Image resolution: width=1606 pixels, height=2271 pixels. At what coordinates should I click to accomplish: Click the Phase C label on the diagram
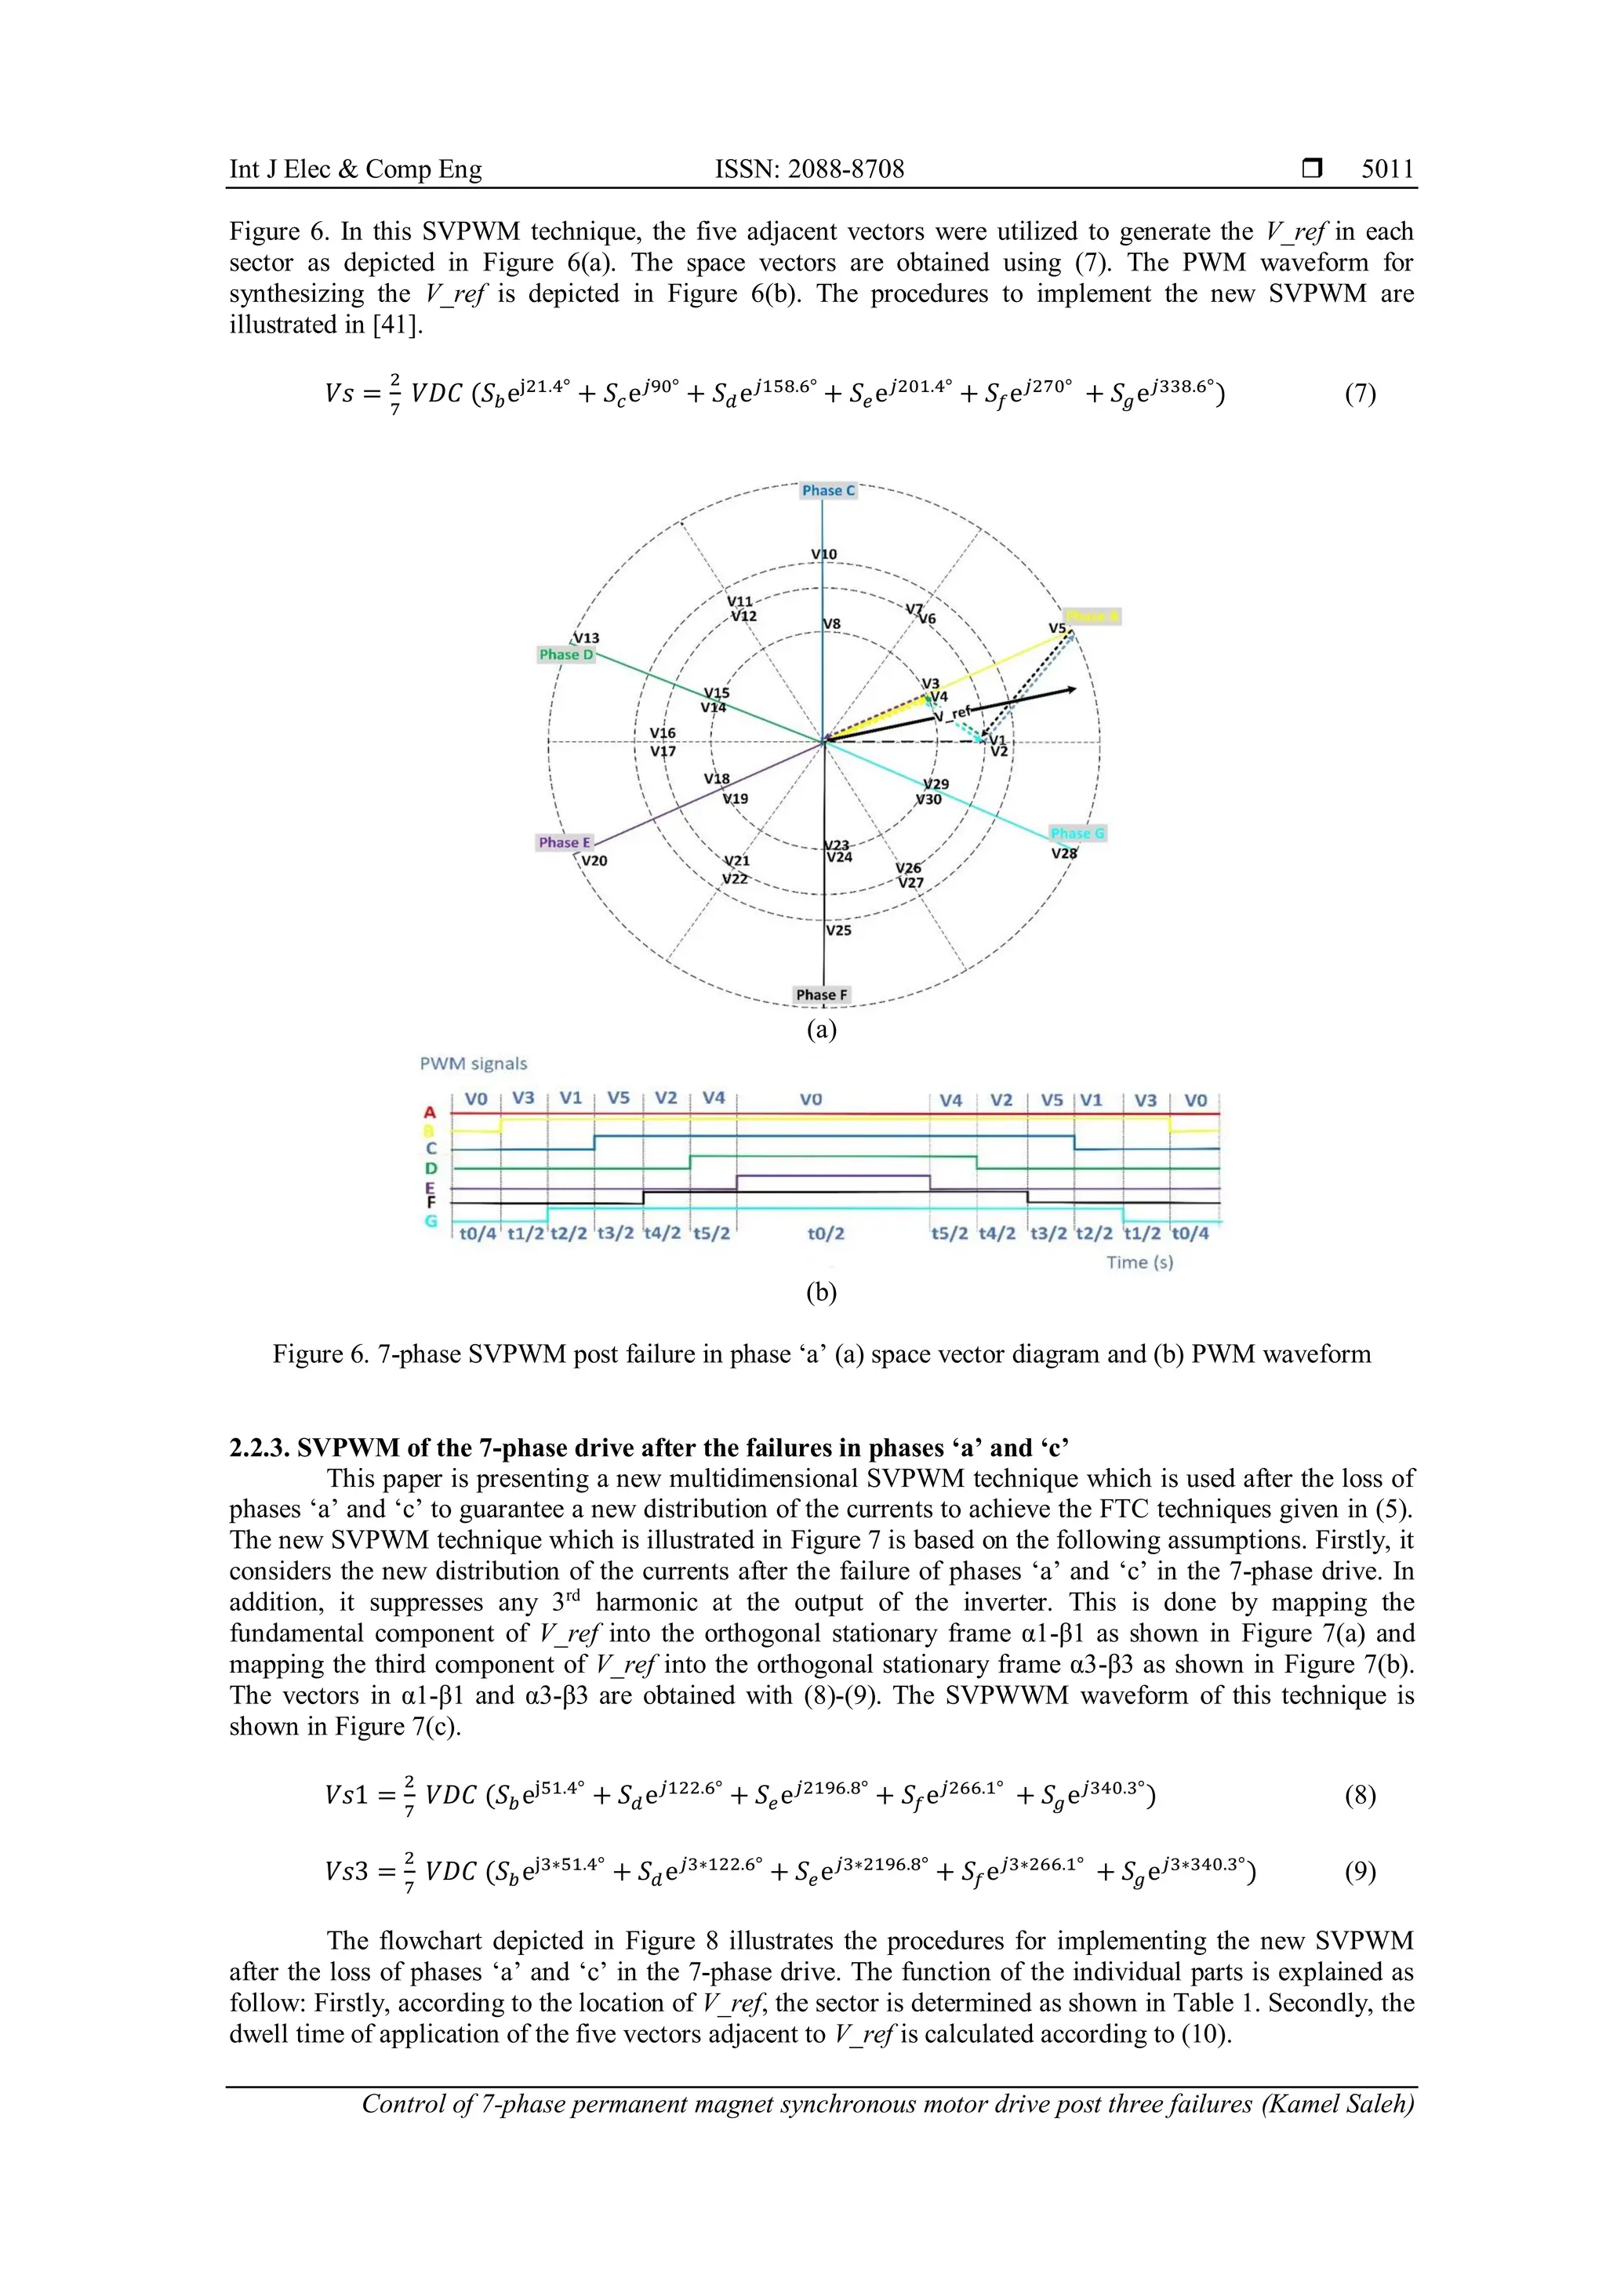click(828, 491)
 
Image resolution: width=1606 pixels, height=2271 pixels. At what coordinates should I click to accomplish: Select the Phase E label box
click(565, 843)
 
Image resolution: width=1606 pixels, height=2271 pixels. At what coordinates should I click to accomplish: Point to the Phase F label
click(822, 995)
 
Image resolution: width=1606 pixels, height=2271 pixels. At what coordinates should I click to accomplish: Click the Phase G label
click(1077, 834)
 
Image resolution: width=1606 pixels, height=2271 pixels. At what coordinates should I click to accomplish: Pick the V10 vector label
click(823, 555)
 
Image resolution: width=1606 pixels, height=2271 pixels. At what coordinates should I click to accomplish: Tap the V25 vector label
click(838, 931)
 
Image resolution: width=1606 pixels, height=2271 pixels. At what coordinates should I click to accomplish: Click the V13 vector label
click(587, 639)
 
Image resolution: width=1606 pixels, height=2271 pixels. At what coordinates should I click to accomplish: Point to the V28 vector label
click(1064, 854)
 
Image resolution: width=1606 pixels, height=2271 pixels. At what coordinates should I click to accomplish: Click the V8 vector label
click(832, 624)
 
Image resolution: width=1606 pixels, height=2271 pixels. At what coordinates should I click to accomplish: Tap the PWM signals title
click(474, 1064)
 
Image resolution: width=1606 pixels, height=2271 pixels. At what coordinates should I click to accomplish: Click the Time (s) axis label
click(1139, 1263)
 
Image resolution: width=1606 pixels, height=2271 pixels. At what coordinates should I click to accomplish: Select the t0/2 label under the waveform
click(826, 1234)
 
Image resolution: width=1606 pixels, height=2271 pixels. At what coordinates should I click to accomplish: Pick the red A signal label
click(431, 1114)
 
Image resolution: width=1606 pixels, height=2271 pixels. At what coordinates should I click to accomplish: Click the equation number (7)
click(1360, 394)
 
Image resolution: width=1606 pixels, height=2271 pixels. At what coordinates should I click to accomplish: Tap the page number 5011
click(1387, 169)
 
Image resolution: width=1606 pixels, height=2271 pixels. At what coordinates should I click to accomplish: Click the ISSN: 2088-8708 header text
click(809, 169)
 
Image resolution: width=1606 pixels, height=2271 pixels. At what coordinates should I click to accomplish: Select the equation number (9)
click(1360, 1871)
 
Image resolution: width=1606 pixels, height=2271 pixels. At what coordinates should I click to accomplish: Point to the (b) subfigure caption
click(821, 1293)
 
